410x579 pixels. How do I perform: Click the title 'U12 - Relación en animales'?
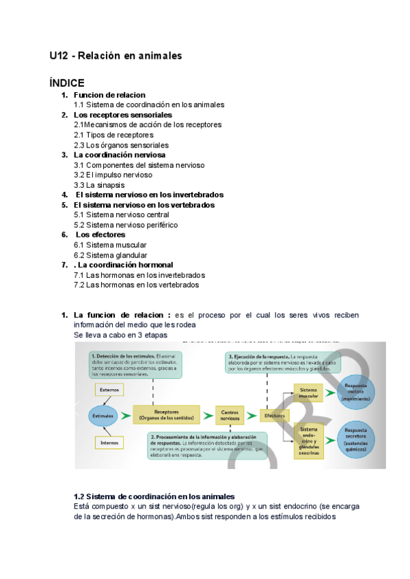pos(115,55)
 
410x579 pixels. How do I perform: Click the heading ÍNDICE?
pos(67,82)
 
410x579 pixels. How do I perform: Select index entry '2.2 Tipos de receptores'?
pos(113,135)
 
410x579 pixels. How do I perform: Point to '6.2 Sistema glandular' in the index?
pos(110,255)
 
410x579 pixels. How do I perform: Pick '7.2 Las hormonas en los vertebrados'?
pos(137,285)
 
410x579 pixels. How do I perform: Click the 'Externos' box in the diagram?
pos(109,390)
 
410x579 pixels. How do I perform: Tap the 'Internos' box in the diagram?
pos(109,442)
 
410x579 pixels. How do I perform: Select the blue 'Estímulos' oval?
pos(103,414)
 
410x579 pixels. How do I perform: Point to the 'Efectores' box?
pos(275,414)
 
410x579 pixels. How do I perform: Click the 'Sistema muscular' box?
pos(309,393)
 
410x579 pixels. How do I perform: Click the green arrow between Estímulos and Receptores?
pos(127,414)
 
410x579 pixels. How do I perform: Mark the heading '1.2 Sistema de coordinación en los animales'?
pos(154,496)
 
